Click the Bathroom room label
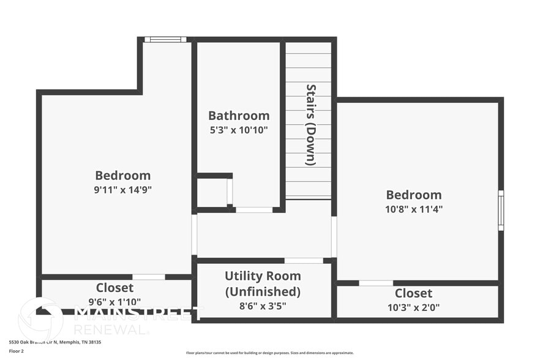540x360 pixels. [239, 116]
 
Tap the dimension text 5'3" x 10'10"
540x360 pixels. [239, 130]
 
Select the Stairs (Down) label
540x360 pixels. [310, 124]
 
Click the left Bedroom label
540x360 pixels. [122, 176]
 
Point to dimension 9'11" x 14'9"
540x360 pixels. [122, 190]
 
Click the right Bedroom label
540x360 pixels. [413, 195]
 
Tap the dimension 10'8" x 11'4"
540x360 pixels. [413, 209]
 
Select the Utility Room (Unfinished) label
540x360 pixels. [263, 283]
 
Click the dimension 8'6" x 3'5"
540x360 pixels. [263, 306]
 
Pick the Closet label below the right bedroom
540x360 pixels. [413, 293]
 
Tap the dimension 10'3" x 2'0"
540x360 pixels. [413, 307]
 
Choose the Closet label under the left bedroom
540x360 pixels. [114, 288]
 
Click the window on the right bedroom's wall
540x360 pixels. [501, 210]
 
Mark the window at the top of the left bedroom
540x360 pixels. [165, 40]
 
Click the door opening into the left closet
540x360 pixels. [149, 277]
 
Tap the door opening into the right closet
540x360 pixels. [376, 283]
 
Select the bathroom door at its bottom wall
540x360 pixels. [254, 210]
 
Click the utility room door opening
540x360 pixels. [304, 261]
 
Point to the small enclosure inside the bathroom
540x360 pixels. [212, 192]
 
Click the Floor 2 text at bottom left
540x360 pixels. [16, 351]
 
